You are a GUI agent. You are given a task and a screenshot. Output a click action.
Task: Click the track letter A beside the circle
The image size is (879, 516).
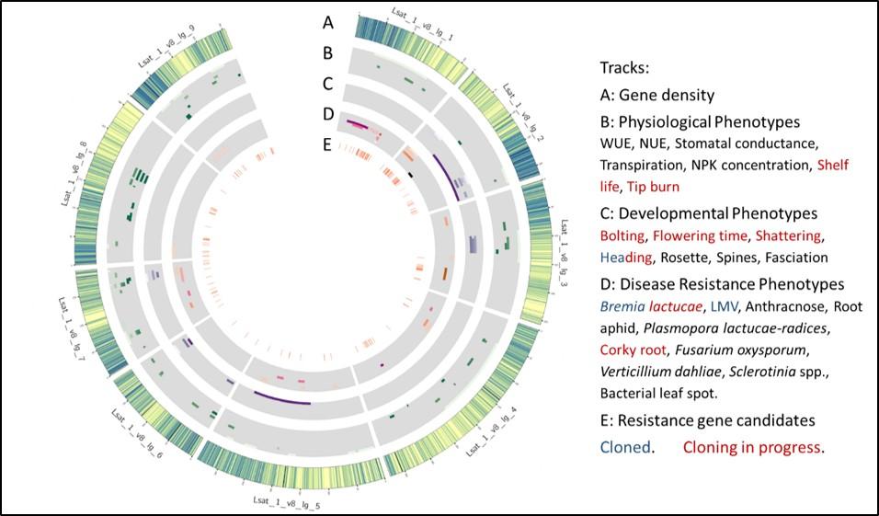[x=328, y=20]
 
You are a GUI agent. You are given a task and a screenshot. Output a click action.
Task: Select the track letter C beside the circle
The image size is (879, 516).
[x=328, y=84]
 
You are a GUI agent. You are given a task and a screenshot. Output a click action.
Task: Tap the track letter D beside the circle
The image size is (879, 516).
[x=328, y=115]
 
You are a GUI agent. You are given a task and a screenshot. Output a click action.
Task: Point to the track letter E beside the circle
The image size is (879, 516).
[x=328, y=144]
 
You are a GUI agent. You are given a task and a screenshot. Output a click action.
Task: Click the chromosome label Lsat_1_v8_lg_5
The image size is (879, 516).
[x=286, y=505]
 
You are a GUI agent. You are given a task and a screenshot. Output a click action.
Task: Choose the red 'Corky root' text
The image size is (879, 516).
[x=634, y=350]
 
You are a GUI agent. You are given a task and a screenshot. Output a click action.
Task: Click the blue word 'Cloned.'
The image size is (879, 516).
[x=627, y=448]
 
